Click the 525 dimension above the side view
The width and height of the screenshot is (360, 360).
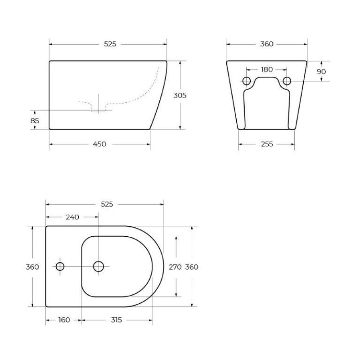pyautogui.click(x=110, y=44)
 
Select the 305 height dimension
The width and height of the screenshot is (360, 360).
pyautogui.click(x=180, y=95)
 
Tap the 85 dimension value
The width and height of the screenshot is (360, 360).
pyautogui.click(x=35, y=121)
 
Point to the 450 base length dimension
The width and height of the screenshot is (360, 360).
pyautogui.click(x=99, y=144)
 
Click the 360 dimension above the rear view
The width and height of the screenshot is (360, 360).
pyautogui.click(x=266, y=44)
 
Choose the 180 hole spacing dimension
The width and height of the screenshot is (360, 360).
pyautogui.click(x=266, y=69)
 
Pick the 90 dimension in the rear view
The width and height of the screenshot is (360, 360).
pyautogui.click(x=321, y=72)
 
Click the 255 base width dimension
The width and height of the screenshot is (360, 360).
pyautogui.click(x=266, y=144)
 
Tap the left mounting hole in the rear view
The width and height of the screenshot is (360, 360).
pyautogui.click(x=247, y=81)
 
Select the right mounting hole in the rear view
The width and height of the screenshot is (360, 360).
pyautogui.click(x=287, y=81)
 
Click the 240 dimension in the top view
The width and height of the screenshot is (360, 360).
pyautogui.click(x=72, y=217)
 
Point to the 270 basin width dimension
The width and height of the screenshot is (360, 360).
pyautogui.click(x=175, y=267)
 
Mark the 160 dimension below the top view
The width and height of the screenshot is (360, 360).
pyautogui.click(x=64, y=320)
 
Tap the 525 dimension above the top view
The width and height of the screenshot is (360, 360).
pyautogui.click(x=107, y=204)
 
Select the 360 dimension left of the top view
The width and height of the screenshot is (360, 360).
pyautogui.click(x=32, y=267)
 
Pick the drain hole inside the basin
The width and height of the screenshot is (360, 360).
pyautogui.click(x=99, y=266)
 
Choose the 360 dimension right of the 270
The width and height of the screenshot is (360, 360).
pyautogui.click(x=192, y=267)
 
